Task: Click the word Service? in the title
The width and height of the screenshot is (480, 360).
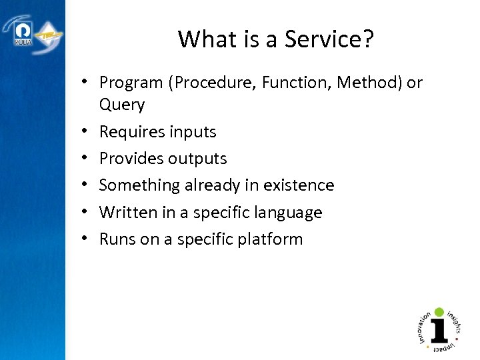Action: [x=329, y=39]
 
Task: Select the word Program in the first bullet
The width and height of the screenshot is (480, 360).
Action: [x=131, y=83]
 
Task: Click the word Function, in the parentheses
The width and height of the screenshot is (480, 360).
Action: [x=294, y=83]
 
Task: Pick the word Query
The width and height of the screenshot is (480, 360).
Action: [x=121, y=105]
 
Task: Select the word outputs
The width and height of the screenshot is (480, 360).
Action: [x=197, y=159]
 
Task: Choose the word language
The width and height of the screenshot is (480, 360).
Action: [x=291, y=213]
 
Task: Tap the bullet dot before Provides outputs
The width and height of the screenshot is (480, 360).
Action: [x=87, y=159]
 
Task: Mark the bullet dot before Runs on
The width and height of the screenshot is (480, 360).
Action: [x=87, y=239]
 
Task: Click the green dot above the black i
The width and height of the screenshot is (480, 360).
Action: [x=438, y=311]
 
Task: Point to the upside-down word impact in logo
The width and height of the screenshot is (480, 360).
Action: [x=446, y=347]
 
